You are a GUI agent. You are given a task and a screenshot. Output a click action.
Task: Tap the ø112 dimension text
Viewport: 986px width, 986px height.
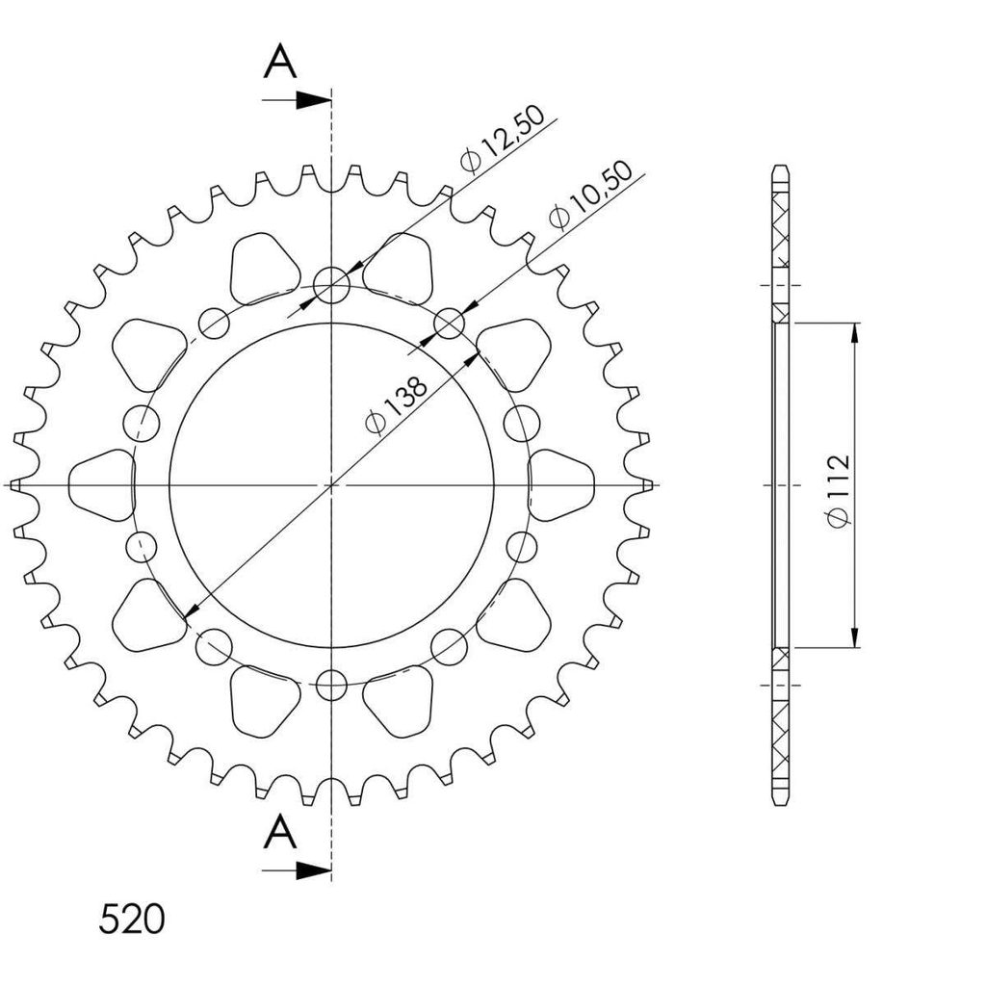[x=838, y=490]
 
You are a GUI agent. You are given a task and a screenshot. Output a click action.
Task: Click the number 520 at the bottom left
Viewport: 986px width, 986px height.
[x=131, y=919]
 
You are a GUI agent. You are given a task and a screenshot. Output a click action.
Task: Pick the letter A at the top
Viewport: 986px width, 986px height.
[x=280, y=63]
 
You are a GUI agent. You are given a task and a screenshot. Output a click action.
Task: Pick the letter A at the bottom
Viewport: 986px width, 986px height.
[x=280, y=832]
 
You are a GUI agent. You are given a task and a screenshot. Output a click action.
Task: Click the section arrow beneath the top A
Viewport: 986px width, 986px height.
[x=297, y=99]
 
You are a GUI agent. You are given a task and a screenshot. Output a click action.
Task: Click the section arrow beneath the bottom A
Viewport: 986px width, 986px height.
[x=297, y=869]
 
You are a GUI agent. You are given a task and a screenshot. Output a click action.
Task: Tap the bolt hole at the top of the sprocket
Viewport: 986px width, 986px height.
[x=331, y=285]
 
